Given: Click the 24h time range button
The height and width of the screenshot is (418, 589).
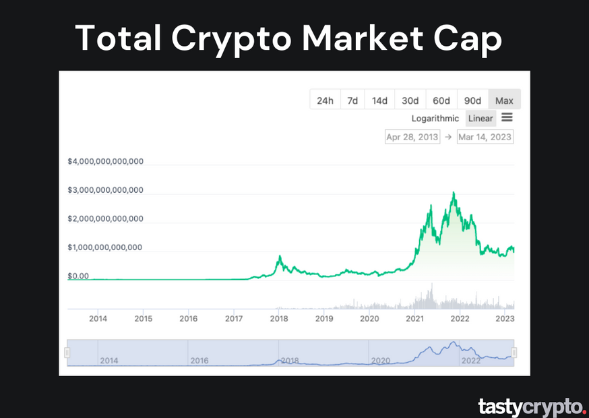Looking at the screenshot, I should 325,100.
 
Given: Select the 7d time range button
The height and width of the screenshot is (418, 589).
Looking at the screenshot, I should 352,100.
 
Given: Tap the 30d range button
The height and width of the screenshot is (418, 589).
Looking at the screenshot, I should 410,100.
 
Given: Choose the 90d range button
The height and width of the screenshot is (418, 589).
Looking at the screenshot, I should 472,100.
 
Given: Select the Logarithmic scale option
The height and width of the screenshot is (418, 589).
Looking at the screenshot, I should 435,119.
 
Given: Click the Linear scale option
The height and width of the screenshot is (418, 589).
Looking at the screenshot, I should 480,119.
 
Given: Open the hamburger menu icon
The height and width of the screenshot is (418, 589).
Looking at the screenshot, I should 507,118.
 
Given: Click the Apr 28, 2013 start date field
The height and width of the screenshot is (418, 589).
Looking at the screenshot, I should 412,137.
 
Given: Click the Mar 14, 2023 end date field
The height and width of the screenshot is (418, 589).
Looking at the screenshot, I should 485,137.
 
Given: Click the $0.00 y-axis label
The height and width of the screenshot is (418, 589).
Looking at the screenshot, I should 78,276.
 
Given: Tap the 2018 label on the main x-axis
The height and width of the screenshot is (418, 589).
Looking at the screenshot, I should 279,318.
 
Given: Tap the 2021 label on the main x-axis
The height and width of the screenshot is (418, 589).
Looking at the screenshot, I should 414,318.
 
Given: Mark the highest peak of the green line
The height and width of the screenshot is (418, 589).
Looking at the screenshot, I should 454,193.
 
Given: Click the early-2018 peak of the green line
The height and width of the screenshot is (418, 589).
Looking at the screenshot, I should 280,256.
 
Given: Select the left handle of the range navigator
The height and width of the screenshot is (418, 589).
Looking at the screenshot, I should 67,353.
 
